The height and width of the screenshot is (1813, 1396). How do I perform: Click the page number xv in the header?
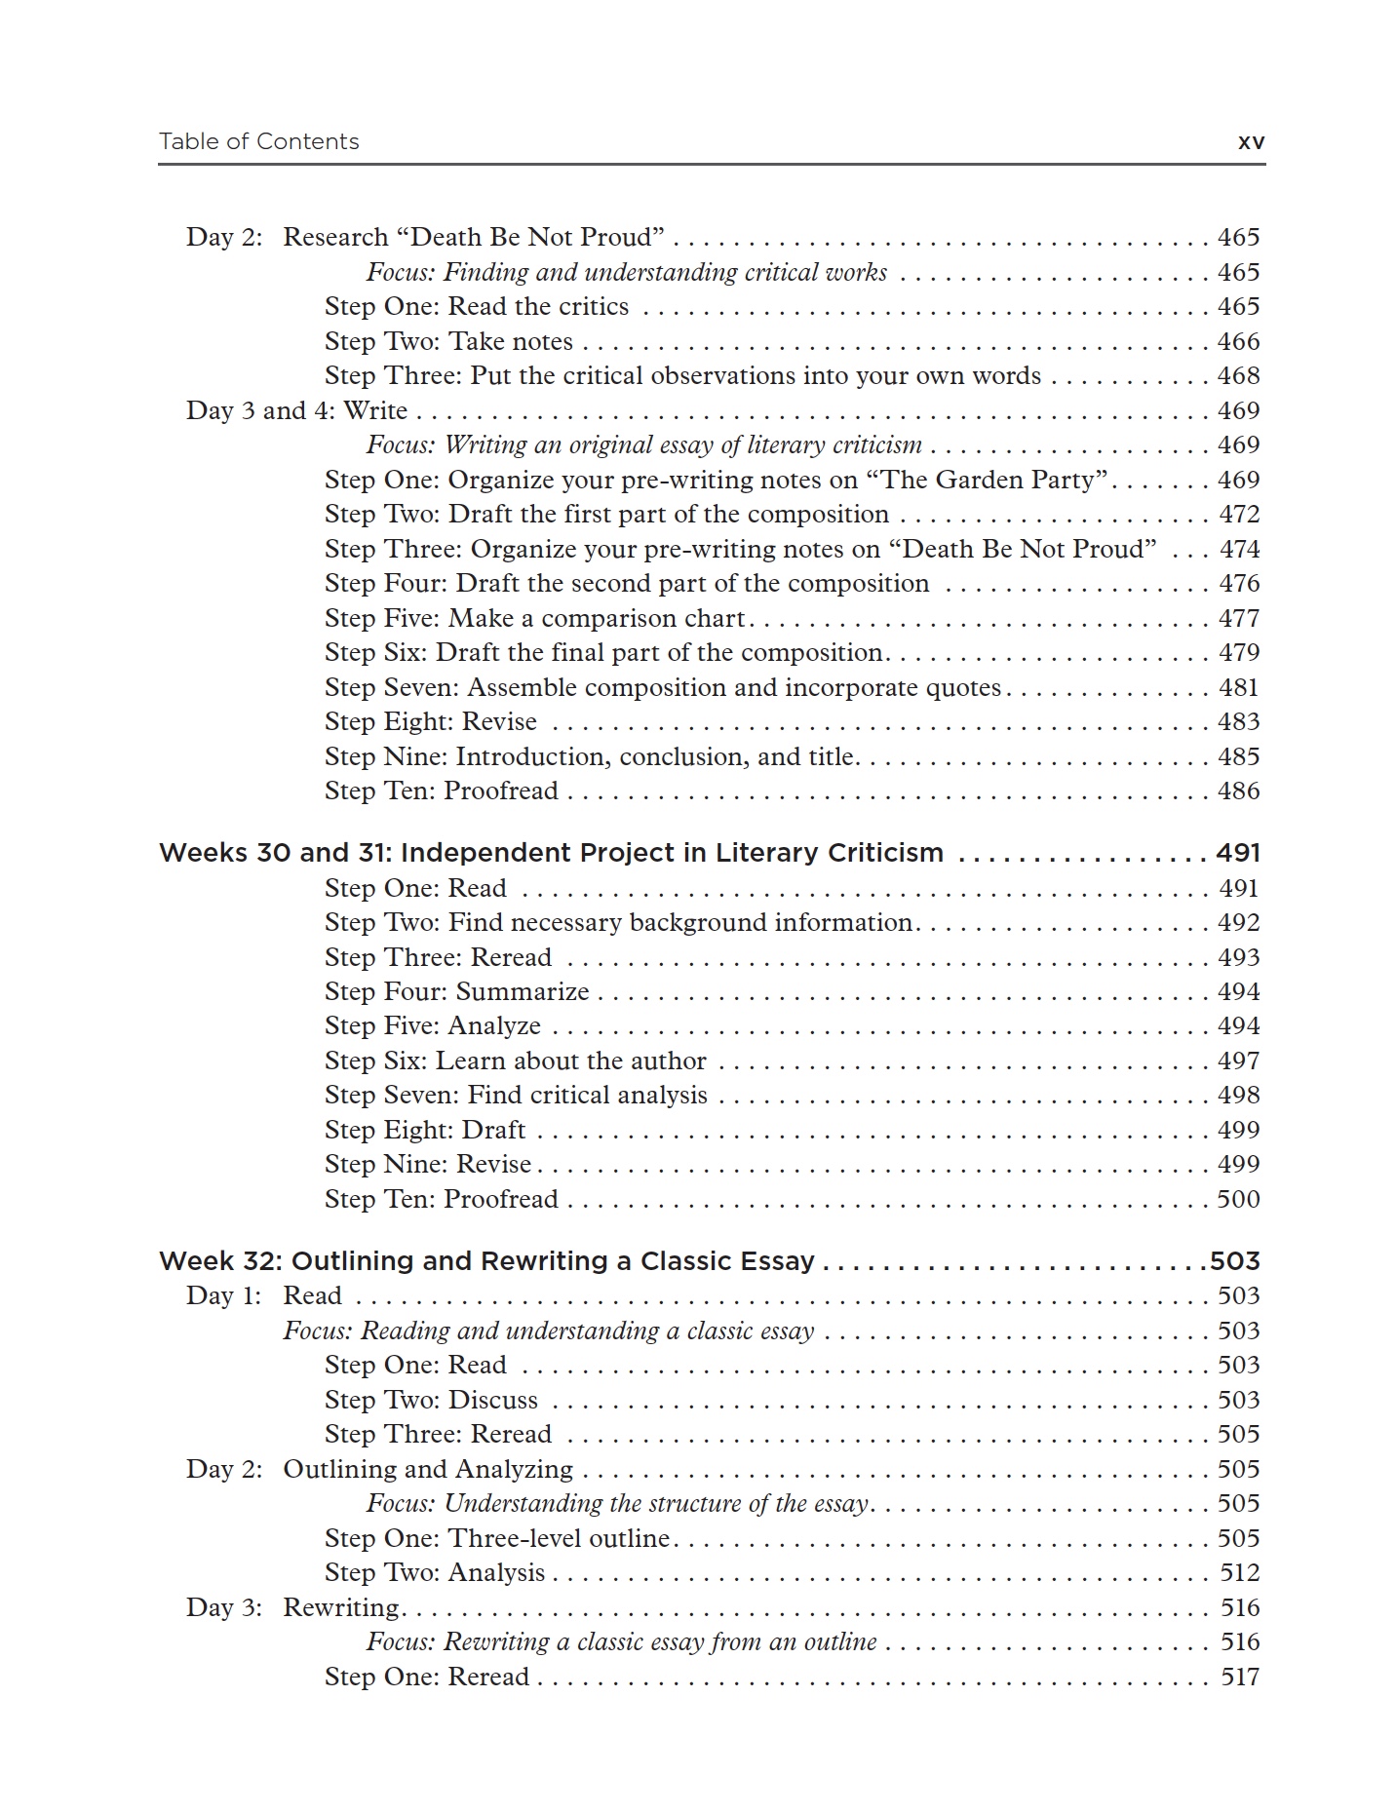(x=1251, y=142)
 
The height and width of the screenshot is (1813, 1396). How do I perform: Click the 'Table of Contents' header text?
(x=258, y=142)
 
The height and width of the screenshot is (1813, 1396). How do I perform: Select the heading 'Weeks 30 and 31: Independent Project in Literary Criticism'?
(x=551, y=853)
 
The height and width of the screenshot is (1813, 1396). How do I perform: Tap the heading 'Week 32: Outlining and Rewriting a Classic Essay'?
(x=486, y=1261)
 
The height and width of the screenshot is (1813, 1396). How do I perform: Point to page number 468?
(x=1238, y=376)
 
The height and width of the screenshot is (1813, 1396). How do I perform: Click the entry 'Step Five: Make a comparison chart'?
(x=535, y=619)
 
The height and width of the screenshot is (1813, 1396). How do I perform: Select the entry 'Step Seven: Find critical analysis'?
(x=516, y=1096)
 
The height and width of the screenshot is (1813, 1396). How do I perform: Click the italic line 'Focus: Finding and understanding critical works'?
(x=626, y=273)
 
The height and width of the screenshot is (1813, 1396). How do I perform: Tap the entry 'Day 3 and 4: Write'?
(x=296, y=411)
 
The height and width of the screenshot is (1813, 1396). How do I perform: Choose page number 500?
(x=1238, y=1200)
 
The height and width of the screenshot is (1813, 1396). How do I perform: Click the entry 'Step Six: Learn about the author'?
(x=515, y=1061)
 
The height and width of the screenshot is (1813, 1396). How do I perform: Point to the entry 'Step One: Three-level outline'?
(x=497, y=1539)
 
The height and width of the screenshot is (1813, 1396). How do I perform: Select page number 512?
(x=1239, y=1573)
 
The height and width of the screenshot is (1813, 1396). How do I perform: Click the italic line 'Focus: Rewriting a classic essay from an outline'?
(x=621, y=1642)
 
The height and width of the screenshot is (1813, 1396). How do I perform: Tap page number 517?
(x=1239, y=1678)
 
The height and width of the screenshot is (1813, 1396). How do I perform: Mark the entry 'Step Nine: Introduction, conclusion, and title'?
(x=591, y=757)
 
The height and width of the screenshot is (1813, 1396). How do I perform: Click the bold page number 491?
(x=1237, y=853)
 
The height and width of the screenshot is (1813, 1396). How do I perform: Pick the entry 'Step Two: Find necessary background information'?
(x=619, y=923)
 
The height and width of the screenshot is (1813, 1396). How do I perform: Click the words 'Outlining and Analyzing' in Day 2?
(x=427, y=1470)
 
